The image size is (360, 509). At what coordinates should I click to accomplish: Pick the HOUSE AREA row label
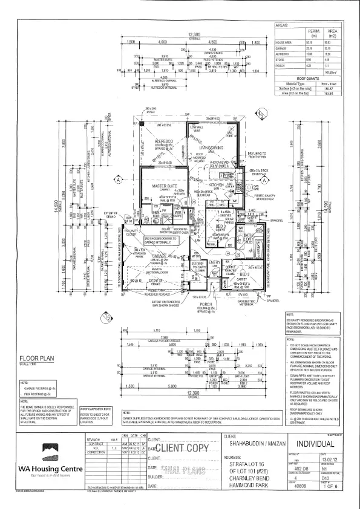pyautogui.click(x=285, y=42)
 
